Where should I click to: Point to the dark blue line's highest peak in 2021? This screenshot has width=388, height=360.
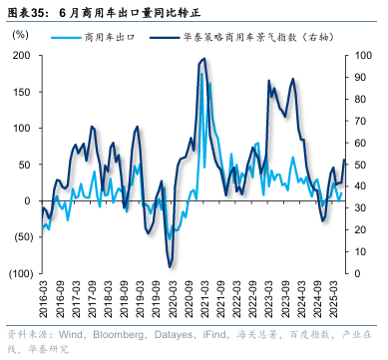click(x=204, y=59)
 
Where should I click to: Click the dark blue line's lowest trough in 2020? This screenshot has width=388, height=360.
click(x=171, y=266)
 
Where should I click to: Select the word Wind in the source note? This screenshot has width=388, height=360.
click(x=71, y=334)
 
